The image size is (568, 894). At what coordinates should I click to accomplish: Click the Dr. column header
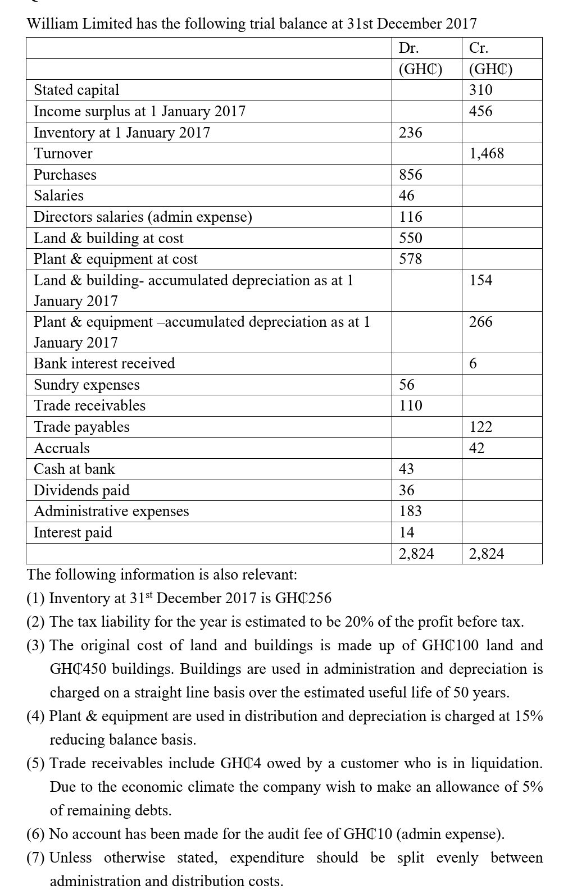408,48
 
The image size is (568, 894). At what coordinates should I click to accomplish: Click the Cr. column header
479,48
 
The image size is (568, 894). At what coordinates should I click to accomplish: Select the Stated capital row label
76,90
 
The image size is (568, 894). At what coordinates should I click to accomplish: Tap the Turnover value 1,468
487,153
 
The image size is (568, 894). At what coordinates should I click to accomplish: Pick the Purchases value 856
410,175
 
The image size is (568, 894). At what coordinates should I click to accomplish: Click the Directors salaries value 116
410,217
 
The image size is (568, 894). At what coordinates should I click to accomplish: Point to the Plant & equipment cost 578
410,259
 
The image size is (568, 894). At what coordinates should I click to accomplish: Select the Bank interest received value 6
473,364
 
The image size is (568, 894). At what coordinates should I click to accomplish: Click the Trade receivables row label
89,405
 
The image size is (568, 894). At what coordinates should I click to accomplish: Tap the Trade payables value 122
480,427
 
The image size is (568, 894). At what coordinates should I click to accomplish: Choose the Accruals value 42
476,448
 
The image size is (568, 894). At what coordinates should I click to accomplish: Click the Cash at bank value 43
406,469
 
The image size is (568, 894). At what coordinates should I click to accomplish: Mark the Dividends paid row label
81,490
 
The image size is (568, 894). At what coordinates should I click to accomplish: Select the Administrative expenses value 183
410,511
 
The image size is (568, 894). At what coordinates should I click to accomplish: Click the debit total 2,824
416,554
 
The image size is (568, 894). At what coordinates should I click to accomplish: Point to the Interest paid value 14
406,532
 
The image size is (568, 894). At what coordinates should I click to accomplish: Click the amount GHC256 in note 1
303,598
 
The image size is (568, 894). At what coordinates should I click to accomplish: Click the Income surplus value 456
480,111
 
